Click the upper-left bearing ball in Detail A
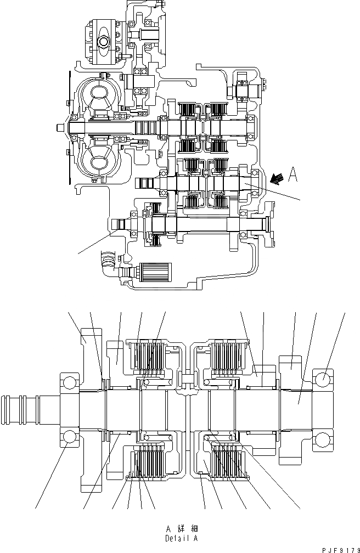[69, 382]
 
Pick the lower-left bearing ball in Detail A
[69, 437]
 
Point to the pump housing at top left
[104, 41]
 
